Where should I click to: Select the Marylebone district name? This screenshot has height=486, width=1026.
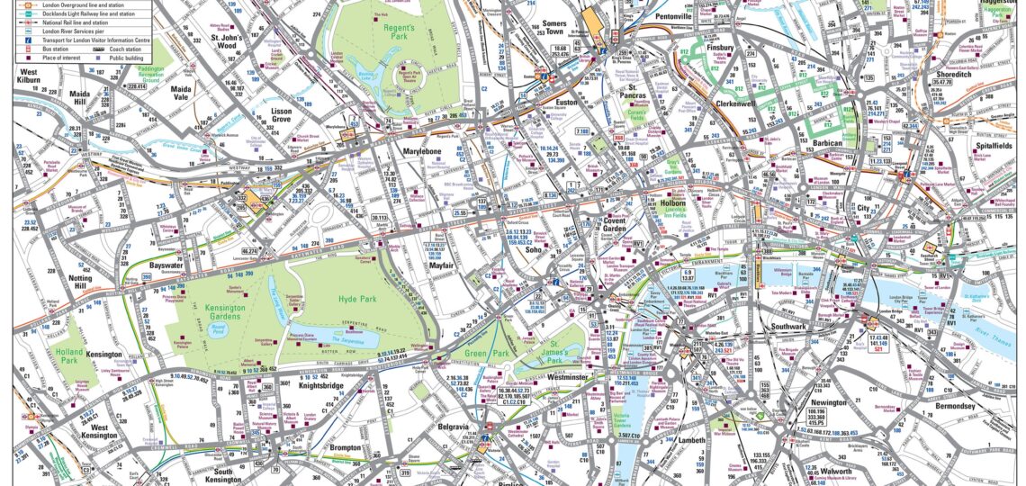click(x=426, y=151)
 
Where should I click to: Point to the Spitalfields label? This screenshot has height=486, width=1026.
click(x=989, y=145)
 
